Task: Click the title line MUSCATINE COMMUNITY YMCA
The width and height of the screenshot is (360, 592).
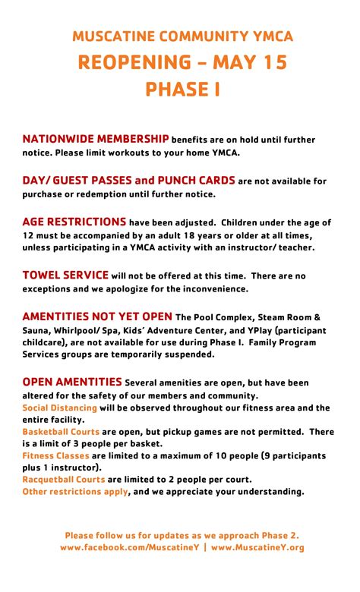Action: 182,36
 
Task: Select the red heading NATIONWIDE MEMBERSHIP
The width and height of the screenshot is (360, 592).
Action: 96,139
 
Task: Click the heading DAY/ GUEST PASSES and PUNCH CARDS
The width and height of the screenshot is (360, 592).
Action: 128,181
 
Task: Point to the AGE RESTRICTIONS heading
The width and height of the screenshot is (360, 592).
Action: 74,222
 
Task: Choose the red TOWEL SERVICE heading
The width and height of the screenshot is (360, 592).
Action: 65,275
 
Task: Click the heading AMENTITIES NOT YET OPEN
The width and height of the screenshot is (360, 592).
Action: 97,316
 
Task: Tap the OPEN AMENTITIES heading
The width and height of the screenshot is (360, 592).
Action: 72,382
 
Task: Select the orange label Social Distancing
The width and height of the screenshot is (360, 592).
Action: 59,408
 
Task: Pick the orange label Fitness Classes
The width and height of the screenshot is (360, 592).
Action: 56,456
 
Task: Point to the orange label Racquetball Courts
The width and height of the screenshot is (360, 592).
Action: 64,480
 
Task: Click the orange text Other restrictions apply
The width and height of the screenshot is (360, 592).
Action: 75,491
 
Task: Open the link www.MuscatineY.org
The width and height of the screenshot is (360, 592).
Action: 257,547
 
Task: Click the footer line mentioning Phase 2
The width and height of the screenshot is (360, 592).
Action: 182,535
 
